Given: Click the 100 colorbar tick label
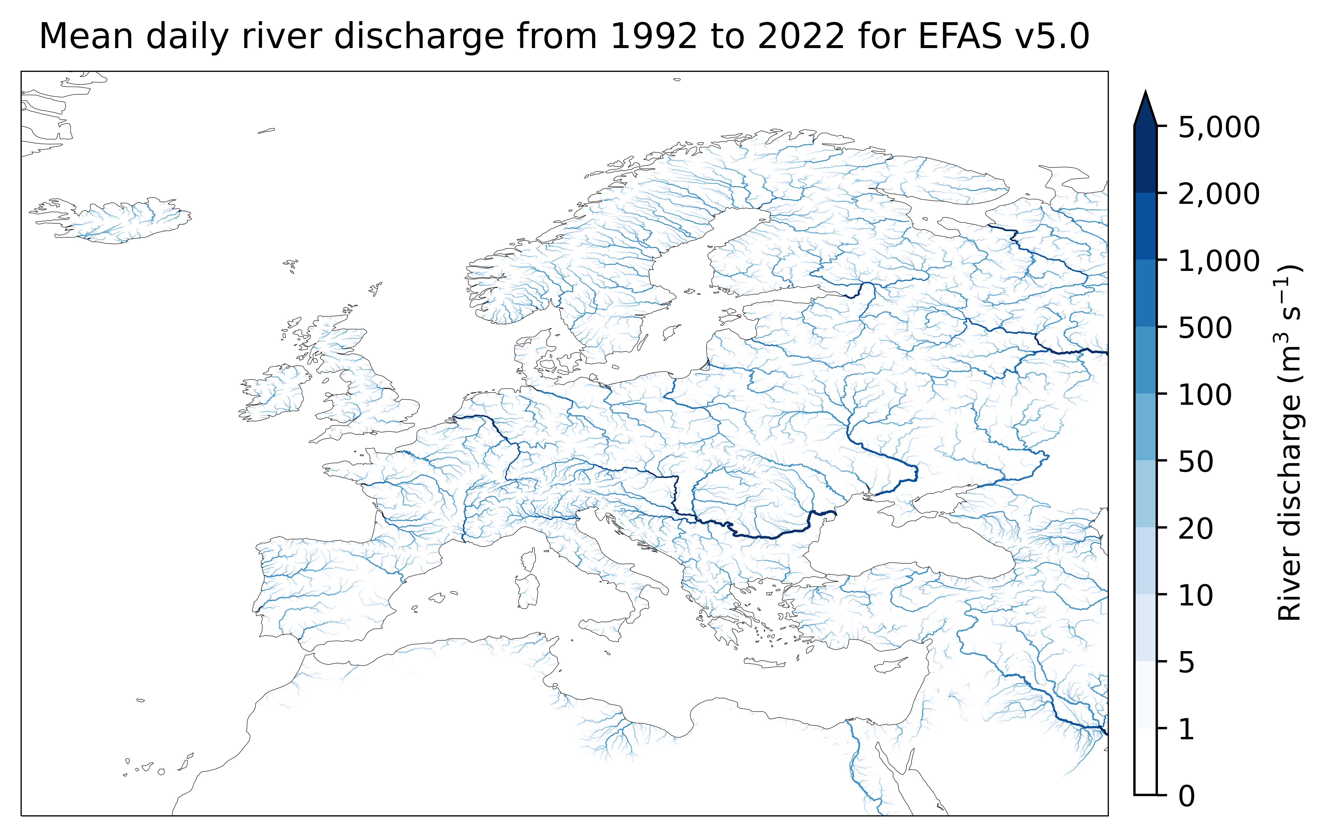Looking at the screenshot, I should click(x=1205, y=395).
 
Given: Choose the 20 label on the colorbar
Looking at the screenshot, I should click(x=1196, y=529).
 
